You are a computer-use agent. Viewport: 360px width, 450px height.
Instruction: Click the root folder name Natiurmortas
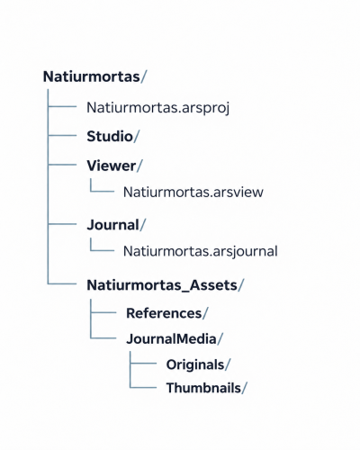click(92, 76)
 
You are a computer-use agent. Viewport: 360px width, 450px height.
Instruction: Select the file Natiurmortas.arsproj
click(158, 108)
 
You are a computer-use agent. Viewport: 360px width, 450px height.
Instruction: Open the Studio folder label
click(110, 136)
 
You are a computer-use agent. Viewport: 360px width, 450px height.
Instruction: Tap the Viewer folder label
click(112, 166)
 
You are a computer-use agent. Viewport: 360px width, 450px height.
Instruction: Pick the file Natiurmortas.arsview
click(193, 192)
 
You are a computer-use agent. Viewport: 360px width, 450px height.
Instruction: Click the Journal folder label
click(113, 225)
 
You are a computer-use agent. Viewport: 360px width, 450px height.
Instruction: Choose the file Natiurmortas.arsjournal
click(201, 251)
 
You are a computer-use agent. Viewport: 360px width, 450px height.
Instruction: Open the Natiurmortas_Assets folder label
click(162, 285)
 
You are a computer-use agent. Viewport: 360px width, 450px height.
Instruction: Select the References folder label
click(164, 313)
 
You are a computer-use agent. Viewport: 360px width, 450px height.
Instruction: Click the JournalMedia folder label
click(171, 339)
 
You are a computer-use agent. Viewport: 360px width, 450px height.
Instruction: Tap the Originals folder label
click(195, 364)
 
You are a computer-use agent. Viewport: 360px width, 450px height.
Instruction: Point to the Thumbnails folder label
click(203, 388)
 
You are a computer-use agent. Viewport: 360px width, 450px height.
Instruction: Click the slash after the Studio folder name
click(137, 137)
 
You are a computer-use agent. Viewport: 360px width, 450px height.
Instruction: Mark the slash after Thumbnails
click(244, 388)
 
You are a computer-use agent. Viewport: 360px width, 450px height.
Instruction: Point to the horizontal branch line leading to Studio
click(62, 135)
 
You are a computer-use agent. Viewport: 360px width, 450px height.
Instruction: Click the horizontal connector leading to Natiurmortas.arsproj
click(62, 106)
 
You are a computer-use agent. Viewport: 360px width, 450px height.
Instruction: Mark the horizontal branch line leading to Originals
click(143, 363)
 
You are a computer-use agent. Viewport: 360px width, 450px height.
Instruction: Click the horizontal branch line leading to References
click(103, 312)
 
